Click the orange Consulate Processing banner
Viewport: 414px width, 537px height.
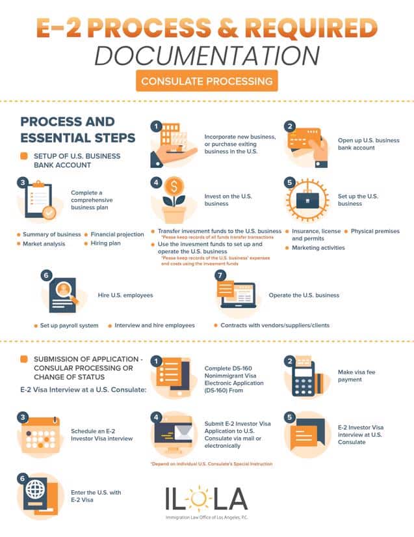[x=207, y=81]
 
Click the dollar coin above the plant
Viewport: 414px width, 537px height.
[x=174, y=187]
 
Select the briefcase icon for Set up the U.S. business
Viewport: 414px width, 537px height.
[x=307, y=200]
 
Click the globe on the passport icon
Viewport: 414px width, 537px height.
[x=36, y=489]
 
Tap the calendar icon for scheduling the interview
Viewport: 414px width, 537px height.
[x=40, y=434]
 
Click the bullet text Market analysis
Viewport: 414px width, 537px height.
[x=44, y=244]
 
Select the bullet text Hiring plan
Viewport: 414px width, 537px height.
[x=106, y=243]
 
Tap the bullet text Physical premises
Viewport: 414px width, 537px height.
[x=375, y=231]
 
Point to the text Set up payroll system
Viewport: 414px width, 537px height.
[x=69, y=325]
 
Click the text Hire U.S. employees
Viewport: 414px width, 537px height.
[x=125, y=296]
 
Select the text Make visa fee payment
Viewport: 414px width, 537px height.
[x=357, y=376]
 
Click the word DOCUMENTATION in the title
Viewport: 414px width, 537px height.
[x=207, y=55]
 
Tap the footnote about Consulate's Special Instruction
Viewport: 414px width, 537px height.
[x=212, y=463]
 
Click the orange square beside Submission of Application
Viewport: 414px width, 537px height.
[x=24, y=359]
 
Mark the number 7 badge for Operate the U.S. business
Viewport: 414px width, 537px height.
[x=220, y=275]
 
